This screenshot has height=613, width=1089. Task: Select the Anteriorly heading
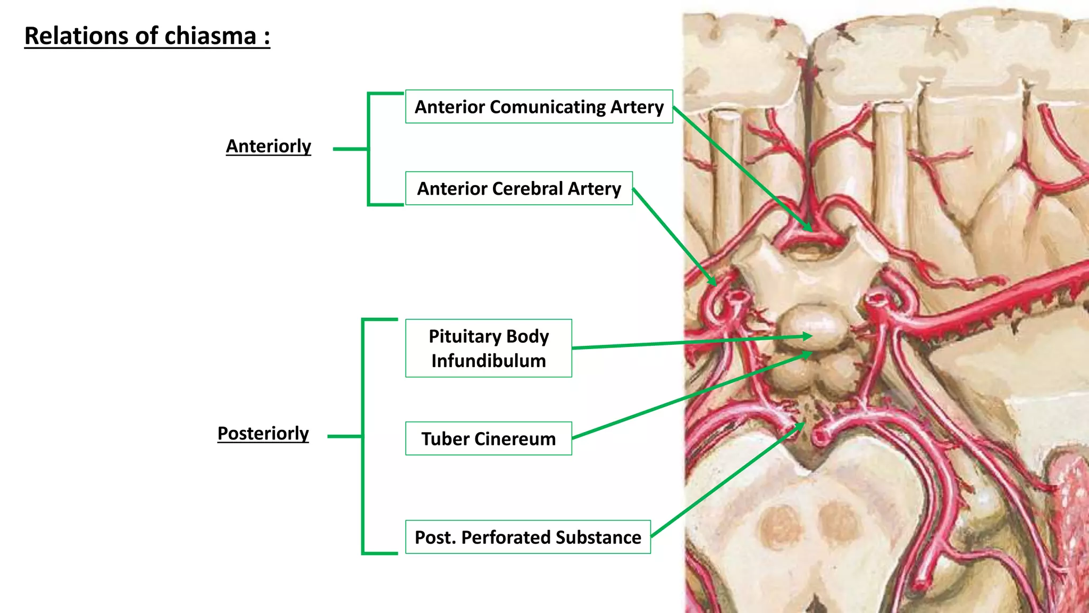(269, 146)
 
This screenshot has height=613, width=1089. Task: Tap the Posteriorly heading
(263, 433)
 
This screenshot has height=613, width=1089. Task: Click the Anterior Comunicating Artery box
(539, 107)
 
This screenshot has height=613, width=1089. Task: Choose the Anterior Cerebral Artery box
(518, 188)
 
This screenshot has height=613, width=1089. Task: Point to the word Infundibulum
(488, 361)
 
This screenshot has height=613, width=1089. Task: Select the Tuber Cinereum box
(488, 438)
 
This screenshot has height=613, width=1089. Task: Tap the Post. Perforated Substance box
(527, 537)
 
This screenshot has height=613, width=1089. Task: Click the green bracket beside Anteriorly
(368, 149)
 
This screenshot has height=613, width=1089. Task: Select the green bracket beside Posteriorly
(363, 436)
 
